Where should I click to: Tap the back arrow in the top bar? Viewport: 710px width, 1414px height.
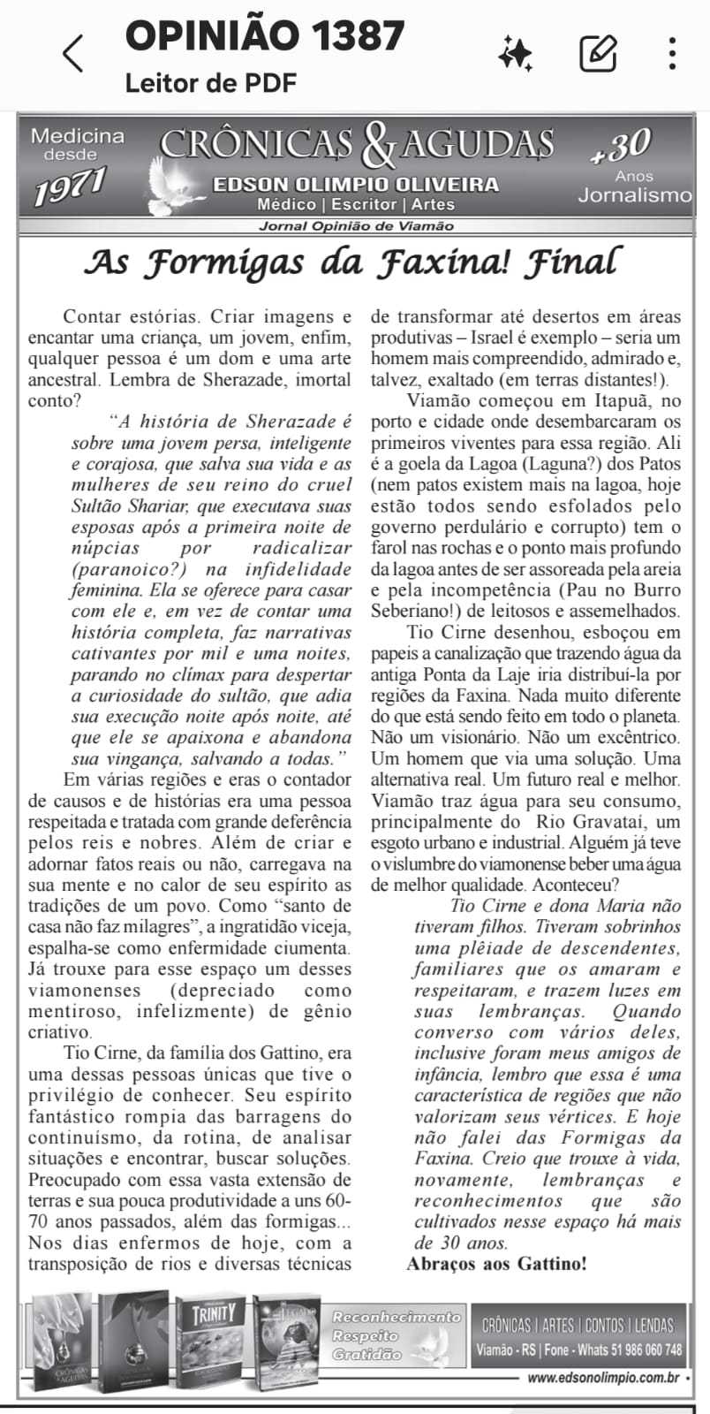coord(73,54)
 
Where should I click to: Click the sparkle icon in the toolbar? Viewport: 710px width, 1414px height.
coord(515,54)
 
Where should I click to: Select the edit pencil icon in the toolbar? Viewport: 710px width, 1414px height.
coord(598,54)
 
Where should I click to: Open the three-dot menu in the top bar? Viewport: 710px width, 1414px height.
coord(672,54)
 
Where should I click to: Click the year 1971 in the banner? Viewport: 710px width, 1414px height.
coord(70,186)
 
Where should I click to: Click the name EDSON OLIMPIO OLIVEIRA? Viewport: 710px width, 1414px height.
coord(355,185)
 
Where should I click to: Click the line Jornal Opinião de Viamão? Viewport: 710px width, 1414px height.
coord(356,226)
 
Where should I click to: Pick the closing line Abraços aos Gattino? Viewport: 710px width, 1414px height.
coord(496,1263)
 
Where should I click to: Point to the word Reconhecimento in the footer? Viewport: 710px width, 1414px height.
coord(397,1317)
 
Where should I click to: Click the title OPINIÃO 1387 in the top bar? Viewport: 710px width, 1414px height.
coord(265,35)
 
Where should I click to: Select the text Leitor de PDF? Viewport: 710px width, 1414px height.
coord(211,83)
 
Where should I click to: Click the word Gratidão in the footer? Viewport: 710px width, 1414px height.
coord(366,1354)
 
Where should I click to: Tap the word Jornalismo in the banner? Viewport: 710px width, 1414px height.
coord(634,195)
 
